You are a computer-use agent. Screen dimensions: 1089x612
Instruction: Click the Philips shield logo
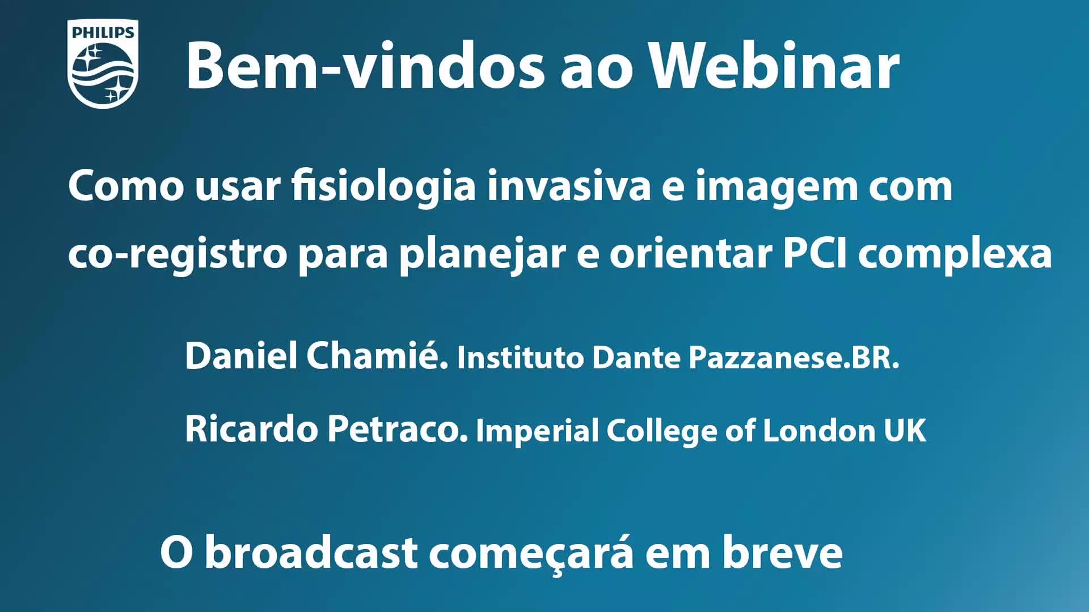[x=103, y=63]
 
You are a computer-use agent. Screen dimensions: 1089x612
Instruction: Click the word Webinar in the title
[x=775, y=66]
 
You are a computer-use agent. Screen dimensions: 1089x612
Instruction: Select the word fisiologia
[x=383, y=186]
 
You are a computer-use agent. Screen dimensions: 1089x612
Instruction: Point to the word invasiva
[x=569, y=186]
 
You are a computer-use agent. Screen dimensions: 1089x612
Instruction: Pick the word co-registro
[x=178, y=254]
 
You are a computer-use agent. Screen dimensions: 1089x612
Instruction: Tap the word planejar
[x=483, y=254]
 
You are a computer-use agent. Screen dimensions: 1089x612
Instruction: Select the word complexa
[x=955, y=254]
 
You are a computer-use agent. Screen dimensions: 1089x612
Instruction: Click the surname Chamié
[x=378, y=355]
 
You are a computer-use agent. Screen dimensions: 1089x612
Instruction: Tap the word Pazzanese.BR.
[x=794, y=358]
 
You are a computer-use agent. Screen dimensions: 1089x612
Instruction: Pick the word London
[x=819, y=431]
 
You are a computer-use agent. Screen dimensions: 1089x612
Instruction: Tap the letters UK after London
[x=905, y=431]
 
